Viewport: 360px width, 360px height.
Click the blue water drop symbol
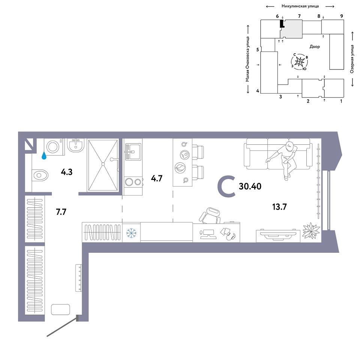coord(43,156)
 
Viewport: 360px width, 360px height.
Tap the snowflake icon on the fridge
coord(131,233)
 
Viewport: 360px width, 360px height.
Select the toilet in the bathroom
coord(40,175)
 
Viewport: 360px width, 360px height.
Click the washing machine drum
coord(53,147)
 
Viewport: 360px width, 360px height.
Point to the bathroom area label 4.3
coord(67,172)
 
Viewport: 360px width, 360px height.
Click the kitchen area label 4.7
coord(157,178)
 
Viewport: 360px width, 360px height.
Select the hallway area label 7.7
coord(61,211)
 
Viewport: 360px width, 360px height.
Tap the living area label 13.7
coord(279,207)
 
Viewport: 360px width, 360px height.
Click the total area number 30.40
coord(250,186)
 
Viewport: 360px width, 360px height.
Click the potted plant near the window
coord(311,231)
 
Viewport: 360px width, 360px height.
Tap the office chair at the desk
coord(210,215)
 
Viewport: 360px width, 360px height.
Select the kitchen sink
coord(133,151)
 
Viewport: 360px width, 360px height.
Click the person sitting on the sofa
coord(283,160)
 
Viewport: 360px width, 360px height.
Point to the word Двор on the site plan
coord(315,46)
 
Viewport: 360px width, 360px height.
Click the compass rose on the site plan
coord(299,61)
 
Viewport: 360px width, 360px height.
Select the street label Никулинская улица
coord(300,6)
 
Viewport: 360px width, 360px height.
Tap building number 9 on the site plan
coord(342,16)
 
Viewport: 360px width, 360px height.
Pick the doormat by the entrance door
coord(60,309)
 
